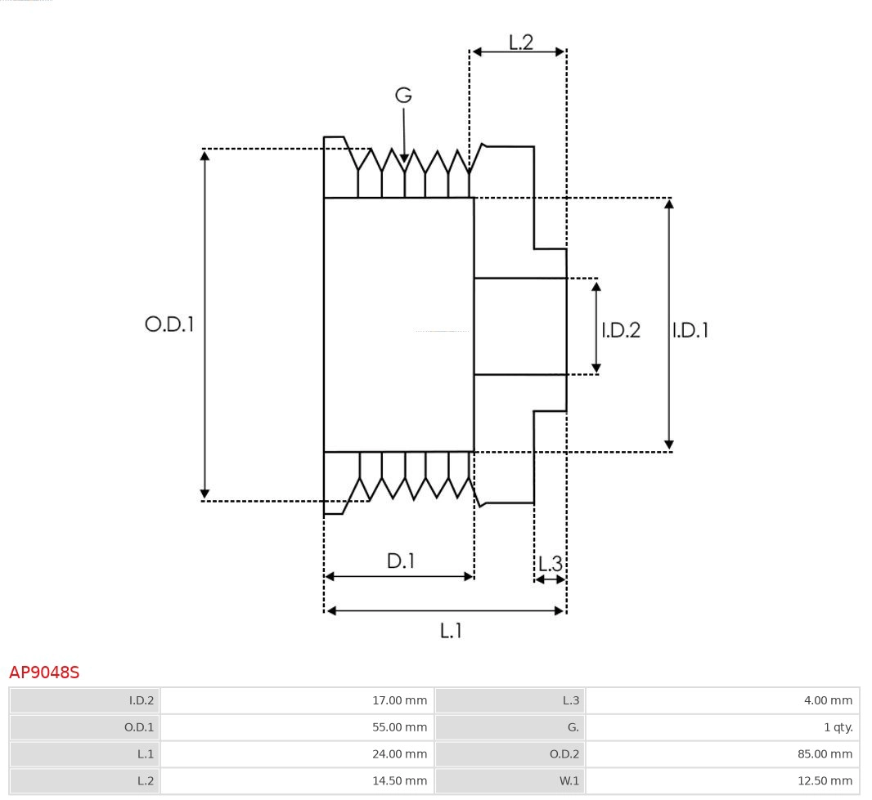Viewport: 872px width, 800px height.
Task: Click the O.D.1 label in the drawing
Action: (x=169, y=324)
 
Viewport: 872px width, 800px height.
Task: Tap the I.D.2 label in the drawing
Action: (x=621, y=330)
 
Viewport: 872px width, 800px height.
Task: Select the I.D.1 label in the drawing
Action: (x=690, y=330)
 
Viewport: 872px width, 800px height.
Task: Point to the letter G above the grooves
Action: (x=403, y=96)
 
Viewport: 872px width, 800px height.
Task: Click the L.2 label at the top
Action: (x=520, y=42)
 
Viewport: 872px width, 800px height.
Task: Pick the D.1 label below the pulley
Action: (x=400, y=561)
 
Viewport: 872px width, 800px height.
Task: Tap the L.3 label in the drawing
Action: (x=551, y=564)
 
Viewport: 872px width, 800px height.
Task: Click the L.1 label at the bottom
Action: (x=451, y=630)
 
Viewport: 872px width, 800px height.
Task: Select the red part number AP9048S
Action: (x=44, y=673)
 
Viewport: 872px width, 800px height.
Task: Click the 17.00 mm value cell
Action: (x=399, y=700)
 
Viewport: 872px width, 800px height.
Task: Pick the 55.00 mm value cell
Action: (x=399, y=727)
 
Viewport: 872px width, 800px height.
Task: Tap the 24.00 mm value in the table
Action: (x=399, y=754)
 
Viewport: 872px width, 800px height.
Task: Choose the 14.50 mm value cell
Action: (x=399, y=781)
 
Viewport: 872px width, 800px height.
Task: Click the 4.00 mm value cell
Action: (x=828, y=700)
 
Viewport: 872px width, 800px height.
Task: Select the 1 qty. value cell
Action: (x=838, y=727)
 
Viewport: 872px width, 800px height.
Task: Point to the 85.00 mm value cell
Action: (x=825, y=754)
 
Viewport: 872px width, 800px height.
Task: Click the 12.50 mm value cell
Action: (x=825, y=781)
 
